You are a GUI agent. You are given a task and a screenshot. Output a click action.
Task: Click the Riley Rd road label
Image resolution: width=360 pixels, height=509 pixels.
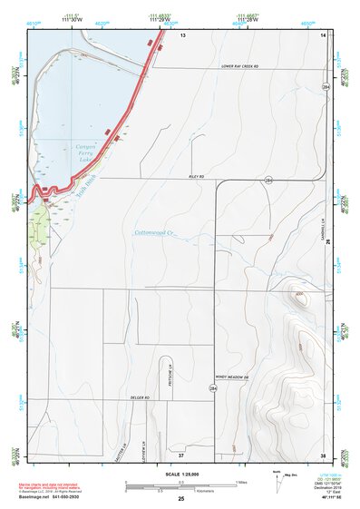click(196, 175)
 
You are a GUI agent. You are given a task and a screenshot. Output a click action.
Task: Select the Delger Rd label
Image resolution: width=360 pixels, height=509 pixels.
click(139, 398)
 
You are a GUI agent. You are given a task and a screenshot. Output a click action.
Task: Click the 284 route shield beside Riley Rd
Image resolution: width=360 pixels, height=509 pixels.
click(268, 181)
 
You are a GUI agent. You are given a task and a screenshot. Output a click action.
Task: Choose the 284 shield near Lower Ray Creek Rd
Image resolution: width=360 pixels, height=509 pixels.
click(324, 86)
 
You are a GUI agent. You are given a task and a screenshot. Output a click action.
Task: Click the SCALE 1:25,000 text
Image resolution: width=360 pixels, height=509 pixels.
click(181, 474)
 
